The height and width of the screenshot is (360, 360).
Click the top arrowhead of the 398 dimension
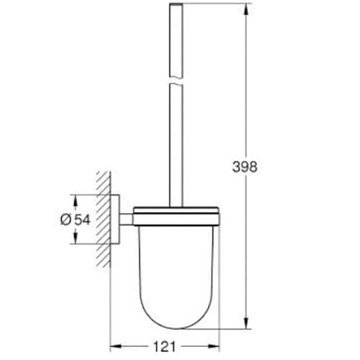tap(248, 8)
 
